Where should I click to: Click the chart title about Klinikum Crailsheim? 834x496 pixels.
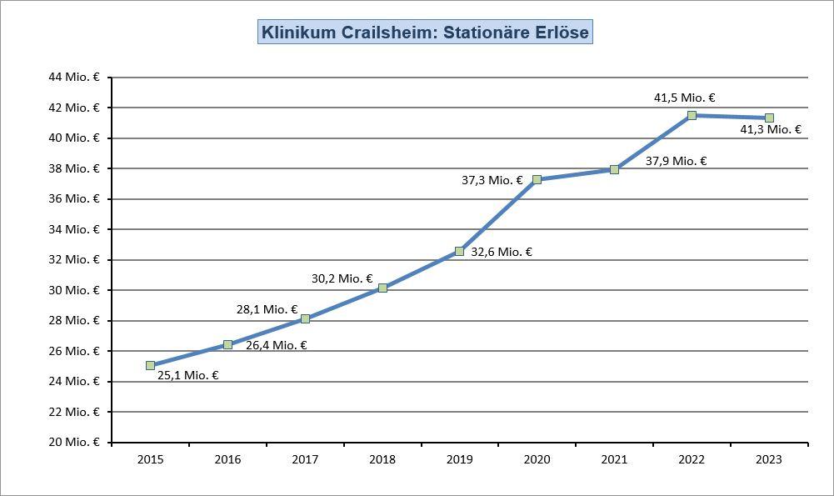[425, 33]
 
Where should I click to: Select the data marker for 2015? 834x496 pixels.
[150, 365]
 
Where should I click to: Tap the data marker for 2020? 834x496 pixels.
[537, 179]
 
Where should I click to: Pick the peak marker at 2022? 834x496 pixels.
[692, 115]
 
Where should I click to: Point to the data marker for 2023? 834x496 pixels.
[769, 118]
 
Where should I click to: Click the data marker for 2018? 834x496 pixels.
[382, 288]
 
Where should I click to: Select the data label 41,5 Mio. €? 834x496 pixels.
[684, 98]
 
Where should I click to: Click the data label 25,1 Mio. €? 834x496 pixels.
[187, 375]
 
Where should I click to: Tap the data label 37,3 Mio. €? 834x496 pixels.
[492, 180]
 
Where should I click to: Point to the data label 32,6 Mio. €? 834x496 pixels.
[502, 252]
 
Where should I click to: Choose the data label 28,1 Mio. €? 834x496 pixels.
[267, 309]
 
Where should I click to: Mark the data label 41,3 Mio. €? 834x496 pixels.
[771, 129]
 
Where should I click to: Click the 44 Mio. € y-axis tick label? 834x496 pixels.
[73, 77]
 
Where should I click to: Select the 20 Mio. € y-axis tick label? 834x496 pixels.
[73, 442]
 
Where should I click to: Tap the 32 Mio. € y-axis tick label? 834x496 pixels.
[73, 259]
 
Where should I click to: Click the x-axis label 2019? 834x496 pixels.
[459, 459]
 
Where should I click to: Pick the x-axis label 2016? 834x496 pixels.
[227, 459]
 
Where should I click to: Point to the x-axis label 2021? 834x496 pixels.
[614, 459]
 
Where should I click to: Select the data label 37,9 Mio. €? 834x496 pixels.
[676, 161]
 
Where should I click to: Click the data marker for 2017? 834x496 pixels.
[305, 318]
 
